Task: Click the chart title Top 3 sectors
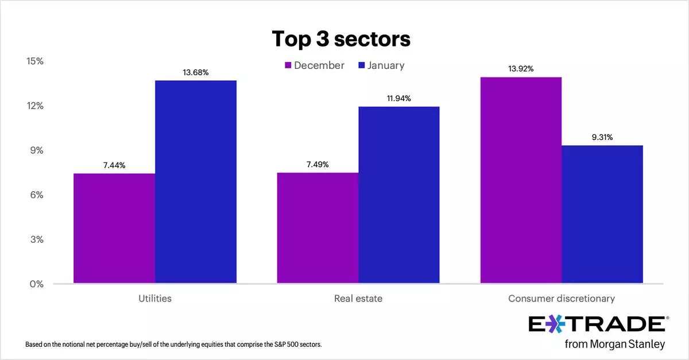click(341, 39)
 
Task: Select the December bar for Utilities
click(114, 229)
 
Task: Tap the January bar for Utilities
click(196, 182)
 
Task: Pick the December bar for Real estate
click(318, 228)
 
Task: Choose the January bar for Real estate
click(399, 195)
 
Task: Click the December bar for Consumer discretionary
click(521, 180)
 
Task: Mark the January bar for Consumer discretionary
click(602, 214)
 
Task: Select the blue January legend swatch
click(361, 65)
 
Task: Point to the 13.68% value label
click(196, 73)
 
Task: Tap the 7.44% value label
click(114, 165)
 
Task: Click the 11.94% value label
click(399, 99)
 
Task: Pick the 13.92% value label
click(521, 69)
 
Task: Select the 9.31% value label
click(602, 137)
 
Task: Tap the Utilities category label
click(155, 299)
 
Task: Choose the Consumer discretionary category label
click(562, 299)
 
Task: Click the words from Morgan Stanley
click(614, 344)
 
